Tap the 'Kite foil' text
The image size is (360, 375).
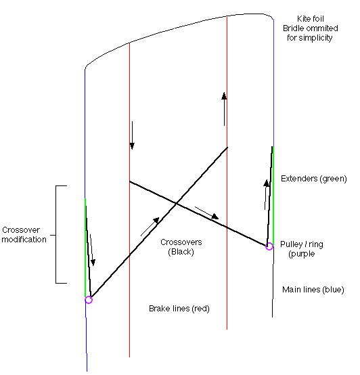point(310,19)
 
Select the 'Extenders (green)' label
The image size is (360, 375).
point(313,179)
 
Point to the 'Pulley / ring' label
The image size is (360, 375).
point(301,244)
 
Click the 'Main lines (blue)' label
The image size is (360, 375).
point(313,290)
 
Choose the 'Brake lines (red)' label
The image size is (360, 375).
point(179,309)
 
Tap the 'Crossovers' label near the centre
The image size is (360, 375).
point(181,242)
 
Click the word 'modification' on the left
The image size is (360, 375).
point(24,240)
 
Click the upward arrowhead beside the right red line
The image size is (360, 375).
point(224,96)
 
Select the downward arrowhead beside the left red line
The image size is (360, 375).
point(132,146)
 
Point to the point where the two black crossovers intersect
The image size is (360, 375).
point(176,204)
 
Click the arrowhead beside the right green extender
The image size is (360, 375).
point(267,183)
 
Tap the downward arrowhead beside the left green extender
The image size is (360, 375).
point(93,263)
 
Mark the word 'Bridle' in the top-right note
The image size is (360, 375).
point(292,28)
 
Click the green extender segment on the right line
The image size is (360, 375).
point(273,196)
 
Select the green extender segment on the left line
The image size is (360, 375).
point(85,248)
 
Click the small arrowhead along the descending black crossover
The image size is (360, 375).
point(215,216)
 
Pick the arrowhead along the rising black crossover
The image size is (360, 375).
point(156,220)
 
